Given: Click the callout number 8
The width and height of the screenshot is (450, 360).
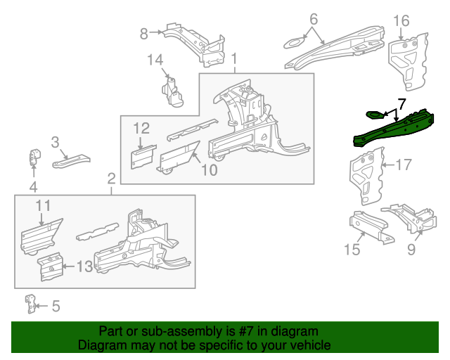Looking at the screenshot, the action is pyautogui.click(x=143, y=34).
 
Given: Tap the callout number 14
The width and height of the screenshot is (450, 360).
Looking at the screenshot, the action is pyautogui.click(x=155, y=60).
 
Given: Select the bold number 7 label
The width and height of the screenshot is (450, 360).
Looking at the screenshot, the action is pyautogui.click(x=401, y=104).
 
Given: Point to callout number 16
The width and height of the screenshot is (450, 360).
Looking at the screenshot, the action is pyautogui.click(x=401, y=20).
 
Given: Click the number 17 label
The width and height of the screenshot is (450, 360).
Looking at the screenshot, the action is pyautogui.click(x=404, y=165).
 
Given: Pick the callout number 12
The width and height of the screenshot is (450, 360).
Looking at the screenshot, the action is pyautogui.click(x=141, y=129).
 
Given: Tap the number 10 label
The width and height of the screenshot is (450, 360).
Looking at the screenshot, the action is pyautogui.click(x=210, y=170).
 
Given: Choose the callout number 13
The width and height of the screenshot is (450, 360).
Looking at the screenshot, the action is pyautogui.click(x=84, y=266).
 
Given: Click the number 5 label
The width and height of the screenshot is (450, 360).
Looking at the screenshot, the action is pyautogui.click(x=56, y=306).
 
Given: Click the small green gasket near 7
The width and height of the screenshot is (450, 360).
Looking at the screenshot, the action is pyautogui.click(x=375, y=115).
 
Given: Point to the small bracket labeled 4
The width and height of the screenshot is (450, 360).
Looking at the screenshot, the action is pyautogui.click(x=35, y=157).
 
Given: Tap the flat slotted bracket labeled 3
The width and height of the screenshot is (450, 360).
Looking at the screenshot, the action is pyautogui.click(x=71, y=161).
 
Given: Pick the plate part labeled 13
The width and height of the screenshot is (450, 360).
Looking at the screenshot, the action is pyautogui.click(x=51, y=266).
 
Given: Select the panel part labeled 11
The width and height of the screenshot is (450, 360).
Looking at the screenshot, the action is pyautogui.click(x=41, y=237).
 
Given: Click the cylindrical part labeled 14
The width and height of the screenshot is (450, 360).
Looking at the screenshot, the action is pyautogui.click(x=173, y=92).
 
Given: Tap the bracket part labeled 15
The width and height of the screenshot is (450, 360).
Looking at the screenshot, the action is pyautogui.click(x=371, y=227).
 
